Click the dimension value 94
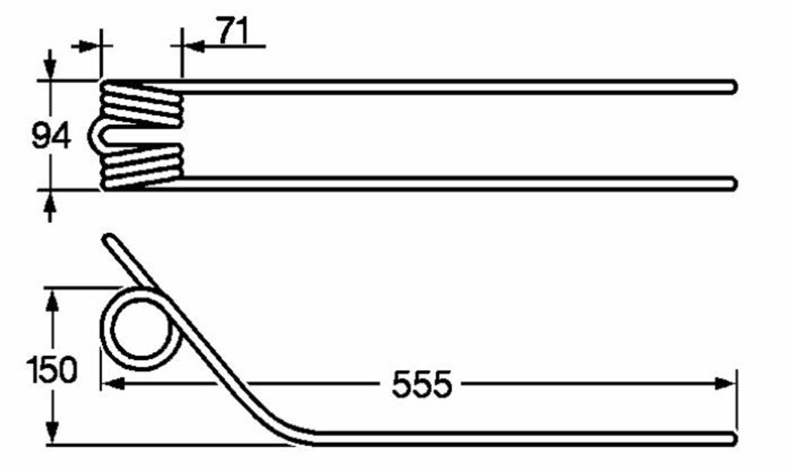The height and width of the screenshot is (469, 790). tap(51, 136)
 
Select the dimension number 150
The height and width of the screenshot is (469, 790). tap(51, 369)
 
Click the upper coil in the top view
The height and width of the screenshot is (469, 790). tap(142, 103)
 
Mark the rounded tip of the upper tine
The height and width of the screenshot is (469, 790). tap(733, 86)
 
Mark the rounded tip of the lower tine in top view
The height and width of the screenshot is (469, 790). tap(733, 183)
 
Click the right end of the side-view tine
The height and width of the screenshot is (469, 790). tap(733, 437)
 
